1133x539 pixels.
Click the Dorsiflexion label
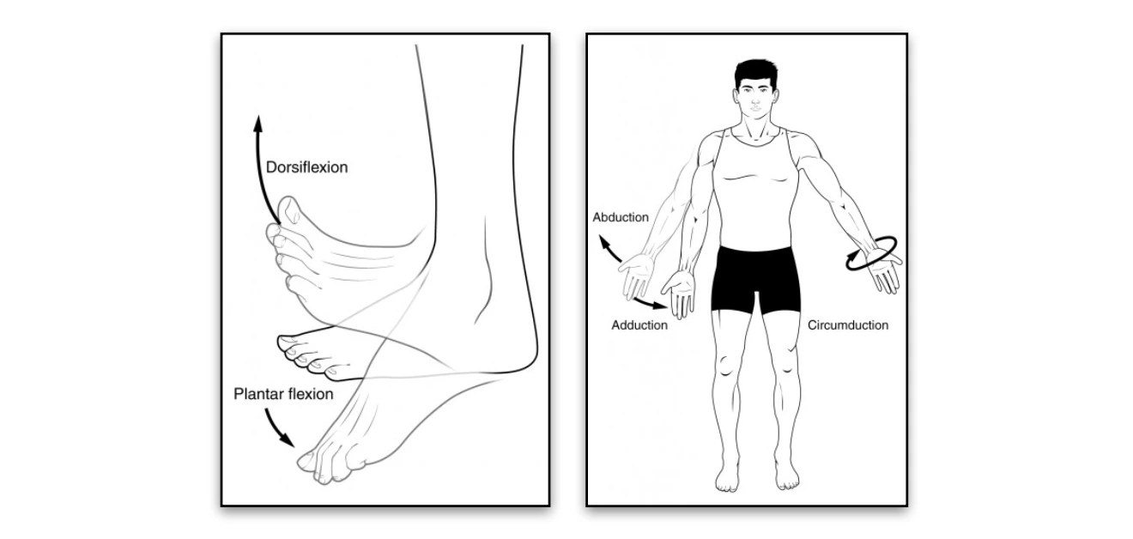[x=306, y=167]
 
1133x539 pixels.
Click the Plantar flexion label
[x=283, y=395]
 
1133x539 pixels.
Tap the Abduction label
[x=621, y=217]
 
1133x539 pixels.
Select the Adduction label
[x=639, y=325]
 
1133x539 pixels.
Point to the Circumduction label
[x=848, y=325]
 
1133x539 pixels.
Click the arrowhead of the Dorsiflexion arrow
[x=257, y=122]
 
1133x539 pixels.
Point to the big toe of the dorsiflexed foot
[x=289, y=210]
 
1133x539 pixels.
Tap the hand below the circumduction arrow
[x=884, y=276]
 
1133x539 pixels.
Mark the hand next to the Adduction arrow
[x=683, y=296]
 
